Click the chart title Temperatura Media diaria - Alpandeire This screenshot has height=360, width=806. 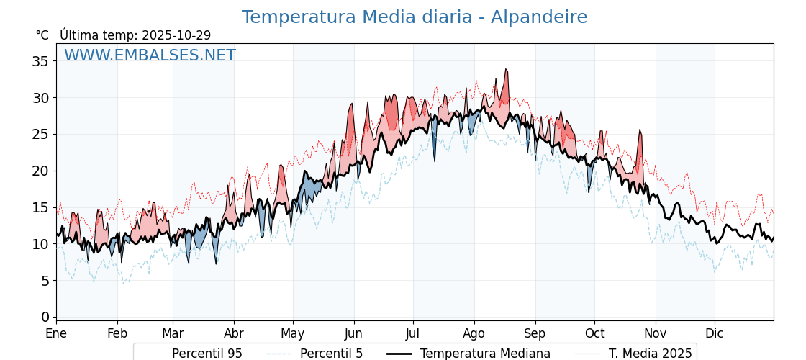pos(414,17)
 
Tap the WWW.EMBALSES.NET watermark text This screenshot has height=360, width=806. pos(150,55)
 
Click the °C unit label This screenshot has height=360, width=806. pos(42,35)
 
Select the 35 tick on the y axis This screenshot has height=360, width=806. pos(40,61)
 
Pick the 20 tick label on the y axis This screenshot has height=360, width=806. pos(40,171)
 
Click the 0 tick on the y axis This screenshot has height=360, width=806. pos(45,317)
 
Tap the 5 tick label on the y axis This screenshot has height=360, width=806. pos(45,281)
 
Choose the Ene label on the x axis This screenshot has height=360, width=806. pos(56,334)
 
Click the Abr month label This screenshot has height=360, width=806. pos(234,334)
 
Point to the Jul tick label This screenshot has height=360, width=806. pos(413,334)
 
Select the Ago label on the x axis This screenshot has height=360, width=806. pos(474,334)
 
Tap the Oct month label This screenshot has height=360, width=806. pos(594,334)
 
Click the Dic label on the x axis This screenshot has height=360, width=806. pos(715,334)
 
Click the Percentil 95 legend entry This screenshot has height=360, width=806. pos(190,354)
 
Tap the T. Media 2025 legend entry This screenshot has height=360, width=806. pos(633,354)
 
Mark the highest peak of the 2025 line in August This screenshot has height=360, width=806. pos(506,70)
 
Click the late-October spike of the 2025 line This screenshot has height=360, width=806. pos(640,130)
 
